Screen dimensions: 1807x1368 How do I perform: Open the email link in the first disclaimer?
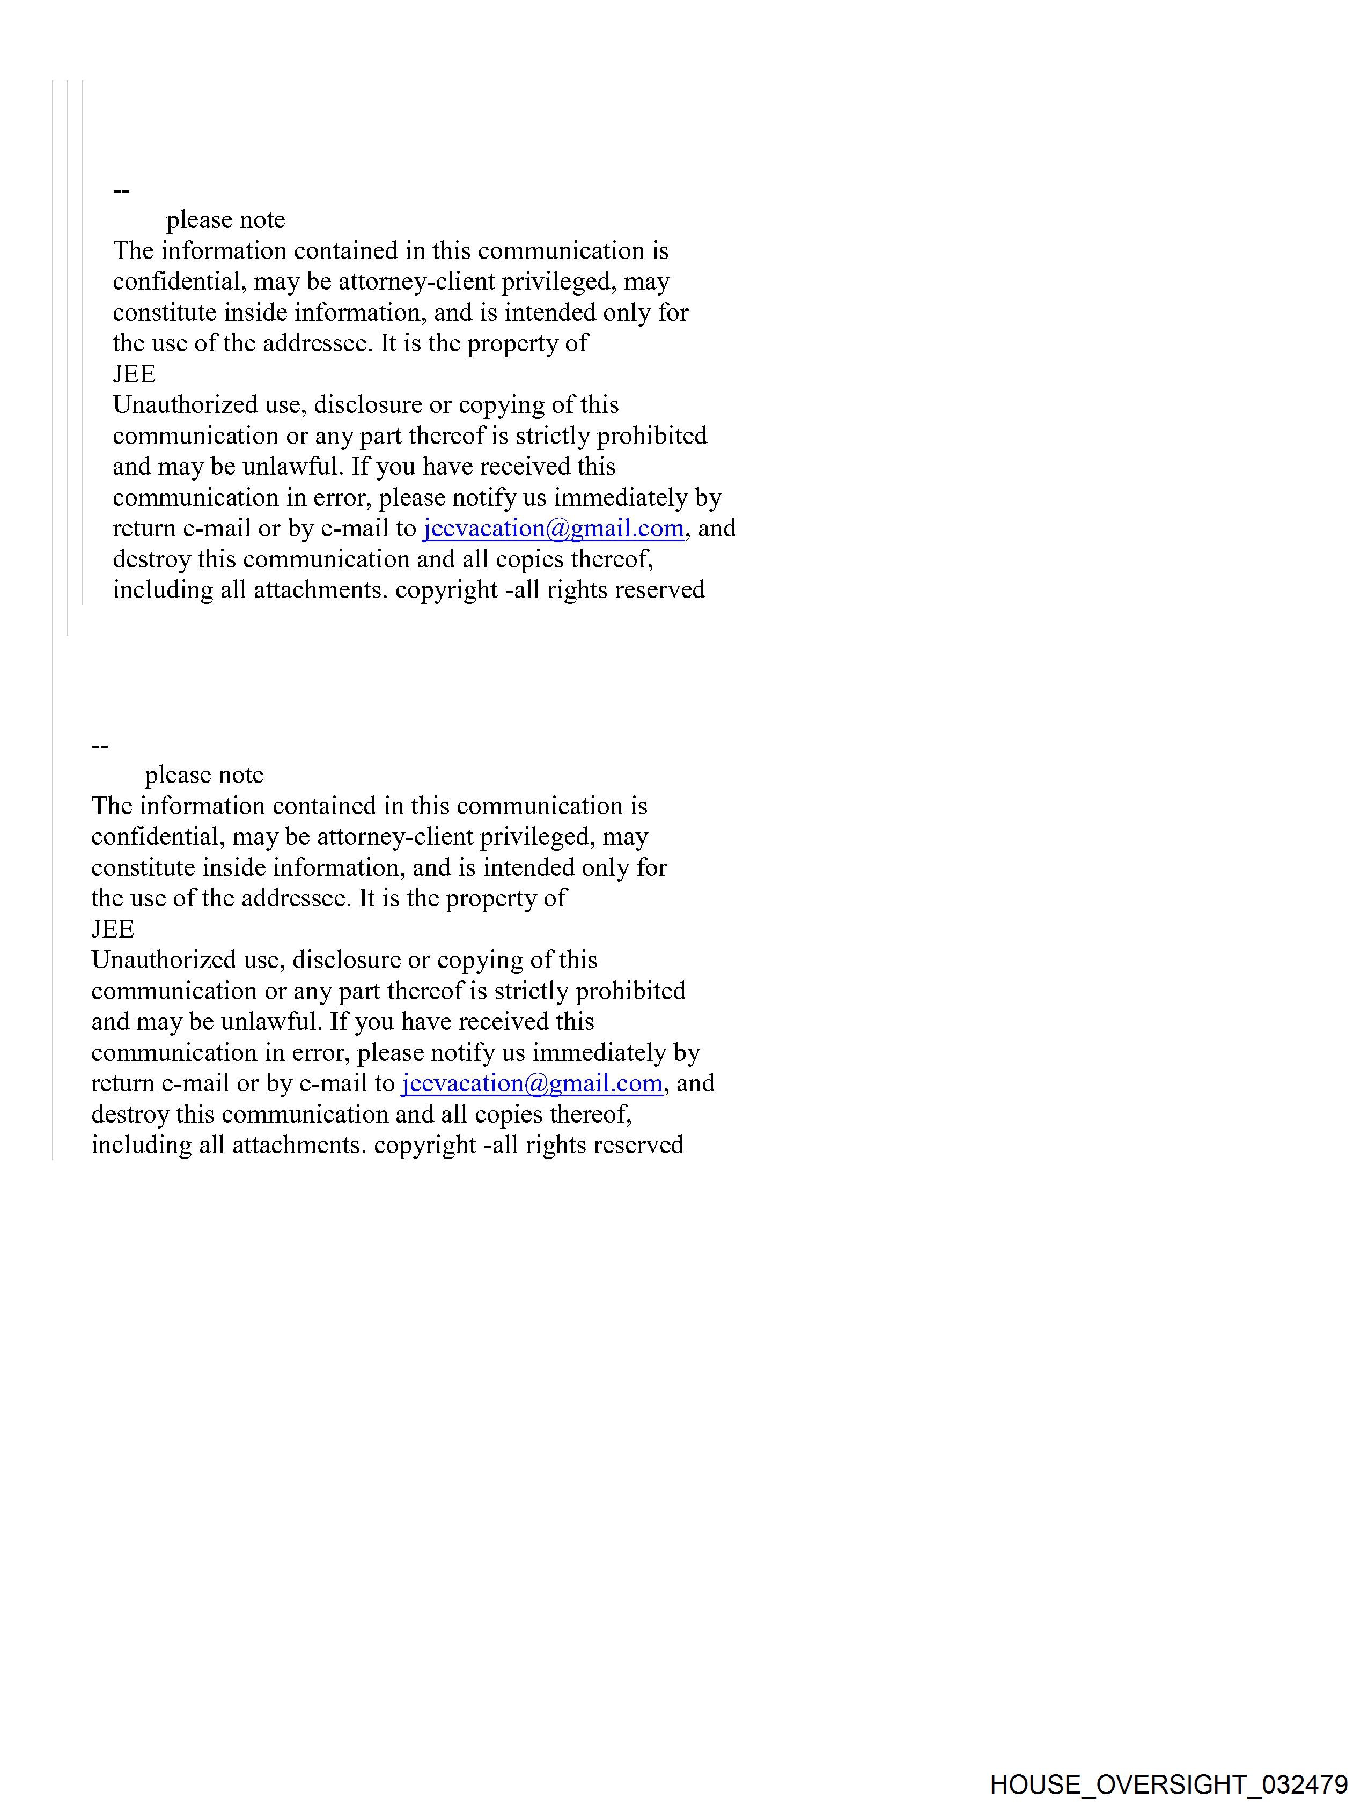click(x=553, y=528)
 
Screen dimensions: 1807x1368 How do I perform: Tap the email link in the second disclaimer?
click(x=532, y=1083)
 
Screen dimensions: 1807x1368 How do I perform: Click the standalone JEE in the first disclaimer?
click(x=134, y=374)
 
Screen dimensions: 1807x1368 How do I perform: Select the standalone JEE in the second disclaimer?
click(x=113, y=929)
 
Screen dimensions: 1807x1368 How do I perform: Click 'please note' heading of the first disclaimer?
click(x=225, y=220)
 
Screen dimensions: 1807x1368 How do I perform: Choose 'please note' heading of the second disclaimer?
click(x=204, y=775)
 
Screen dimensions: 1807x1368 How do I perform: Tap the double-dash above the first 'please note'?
click(x=121, y=190)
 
